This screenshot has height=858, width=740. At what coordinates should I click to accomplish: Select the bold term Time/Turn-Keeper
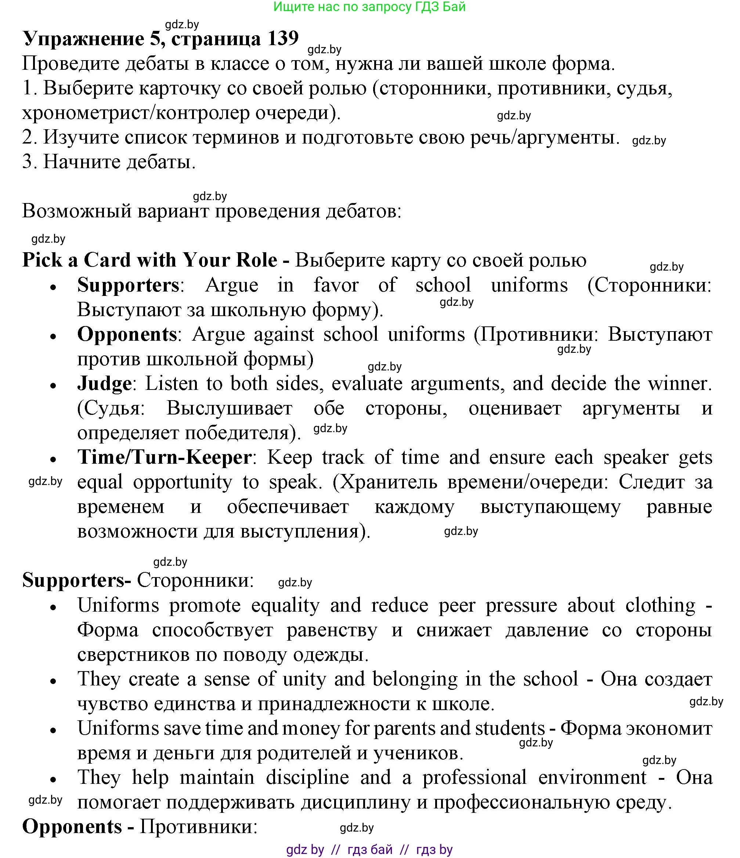(165, 457)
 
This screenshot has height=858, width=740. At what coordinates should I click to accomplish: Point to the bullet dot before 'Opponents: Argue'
(53, 337)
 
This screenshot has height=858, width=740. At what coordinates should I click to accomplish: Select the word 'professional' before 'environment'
(474, 777)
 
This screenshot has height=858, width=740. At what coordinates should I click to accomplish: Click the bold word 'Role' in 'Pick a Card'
(257, 260)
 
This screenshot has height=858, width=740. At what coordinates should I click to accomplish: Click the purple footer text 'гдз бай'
(370, 849)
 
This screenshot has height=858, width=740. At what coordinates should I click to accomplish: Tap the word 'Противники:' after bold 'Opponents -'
(198, 827)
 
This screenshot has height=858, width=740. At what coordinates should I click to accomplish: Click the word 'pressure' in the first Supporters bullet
(521, 606)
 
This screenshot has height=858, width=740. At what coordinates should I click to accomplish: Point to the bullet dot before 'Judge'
(53, 385)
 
